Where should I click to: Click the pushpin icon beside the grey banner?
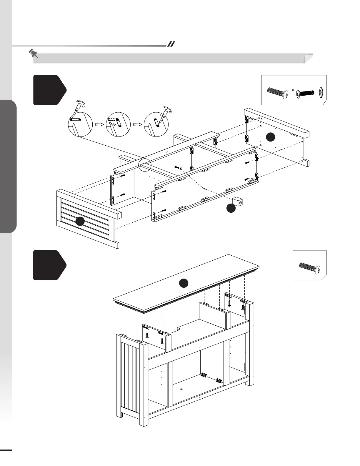click(x=33, y=53)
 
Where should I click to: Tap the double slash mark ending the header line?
click(x=171, y=44)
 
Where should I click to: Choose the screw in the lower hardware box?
click(x=309, y=267)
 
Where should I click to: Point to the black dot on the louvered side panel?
click(x=80, y=221)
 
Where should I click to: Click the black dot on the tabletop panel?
click(x=184, y=283)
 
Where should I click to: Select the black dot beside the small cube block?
click(x=231, y=208)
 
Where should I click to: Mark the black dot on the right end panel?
click(x=271, y=137)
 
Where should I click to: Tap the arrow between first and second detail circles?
click(x=99, y=124)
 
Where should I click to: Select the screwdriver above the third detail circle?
click(x=166, y=113)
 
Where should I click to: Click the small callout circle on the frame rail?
click(x=145, y=164)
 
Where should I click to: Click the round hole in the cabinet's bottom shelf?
click(x=181, y=389)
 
